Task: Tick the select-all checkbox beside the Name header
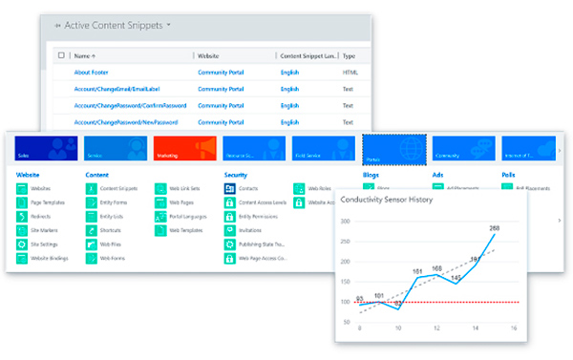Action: coord(62,56)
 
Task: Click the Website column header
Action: coord(213,56)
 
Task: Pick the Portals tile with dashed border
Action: coord(393,148)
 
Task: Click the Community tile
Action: coord(461,148)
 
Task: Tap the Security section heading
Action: coord(236,175)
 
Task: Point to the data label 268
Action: coord(494,229)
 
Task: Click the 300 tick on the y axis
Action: coord(347,221)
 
